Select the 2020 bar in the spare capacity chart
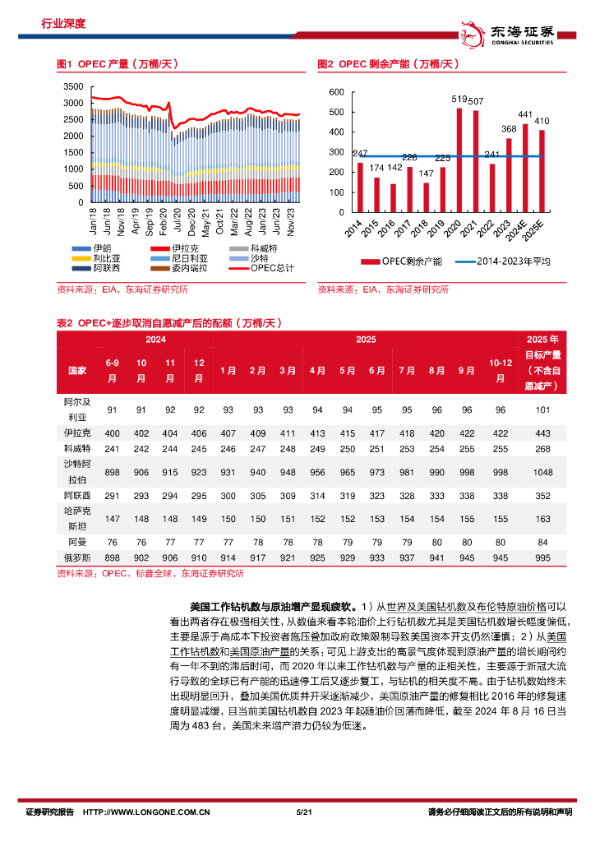pyautogui.click(x=459, y=160)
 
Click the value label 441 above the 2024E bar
pyautogui.click(x=525, y=114)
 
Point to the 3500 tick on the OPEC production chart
pyautogui.click(x=73, y=86)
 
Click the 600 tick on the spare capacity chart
pyautogui.click(x=335, y=92)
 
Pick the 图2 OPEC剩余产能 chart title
pyautogui.click(x=387, y=63)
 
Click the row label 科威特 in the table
pyautogui.click(x=77, y=448)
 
